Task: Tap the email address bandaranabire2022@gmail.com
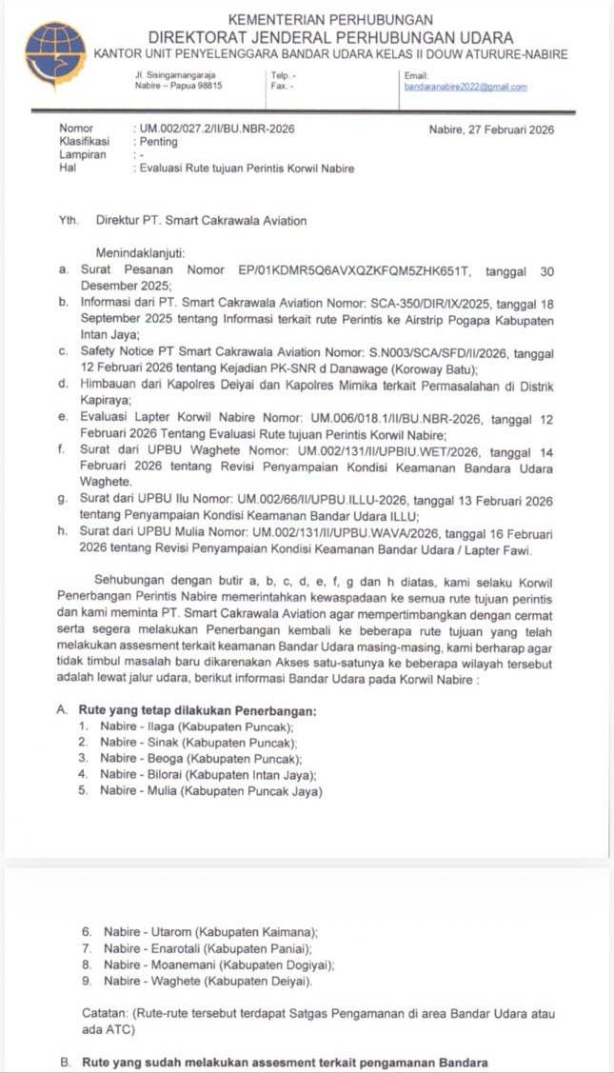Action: coord(465,87)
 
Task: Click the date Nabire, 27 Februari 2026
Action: coord(491,129)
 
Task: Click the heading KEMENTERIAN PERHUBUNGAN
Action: coord(331,19)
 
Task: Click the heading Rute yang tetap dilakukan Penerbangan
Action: coord(199,711)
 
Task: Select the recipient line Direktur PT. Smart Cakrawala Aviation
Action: coord(201,221)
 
